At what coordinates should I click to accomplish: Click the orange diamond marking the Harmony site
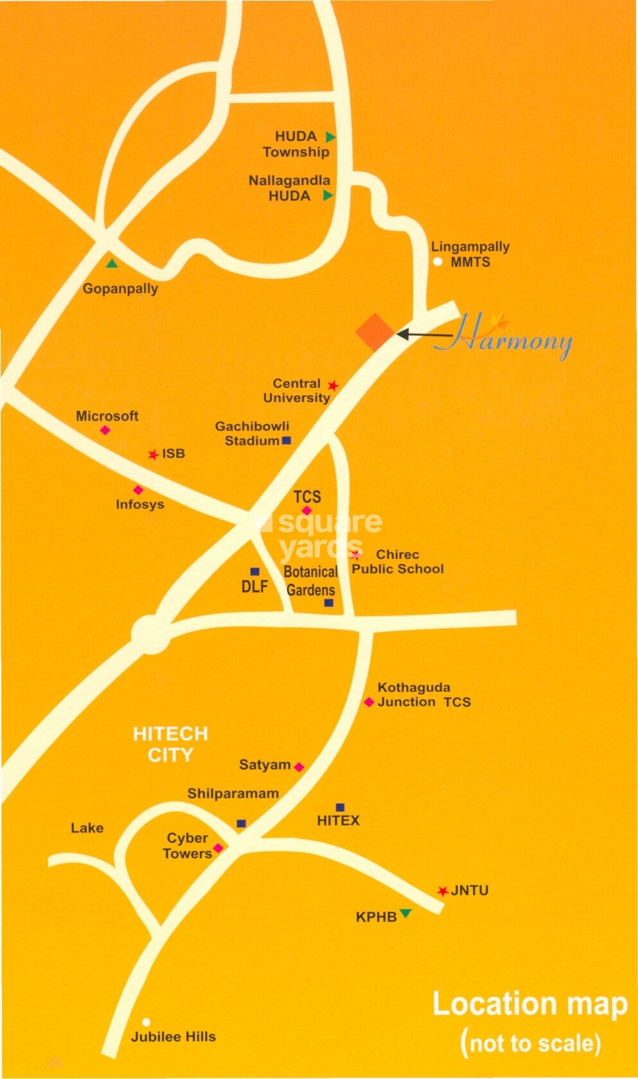[x=375, y=332]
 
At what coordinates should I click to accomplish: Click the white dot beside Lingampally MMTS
[x=438, y=261]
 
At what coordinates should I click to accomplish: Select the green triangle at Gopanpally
[x=112, y=263]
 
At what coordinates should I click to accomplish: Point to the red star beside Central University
[x=333, y=385]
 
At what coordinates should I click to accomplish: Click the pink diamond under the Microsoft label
[x=105, y=430]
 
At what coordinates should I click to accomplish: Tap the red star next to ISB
[x=153, y=455]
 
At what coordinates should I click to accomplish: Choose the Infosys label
[x=140, y=504]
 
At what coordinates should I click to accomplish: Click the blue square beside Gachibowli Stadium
[x=287, y=441]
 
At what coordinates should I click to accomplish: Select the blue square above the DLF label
[x=255, y=572]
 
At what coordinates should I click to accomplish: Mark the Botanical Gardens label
[x=311, y=581]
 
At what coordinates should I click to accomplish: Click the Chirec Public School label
[x=398, y=561]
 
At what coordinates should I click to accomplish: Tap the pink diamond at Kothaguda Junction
[x=369, y=702]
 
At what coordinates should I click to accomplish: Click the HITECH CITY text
[x=170, y=744]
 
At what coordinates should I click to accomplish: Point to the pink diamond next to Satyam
[x=299, y=766]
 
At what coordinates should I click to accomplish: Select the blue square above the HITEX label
[x=340, y=807]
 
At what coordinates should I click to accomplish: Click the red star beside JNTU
[x=443, y=891]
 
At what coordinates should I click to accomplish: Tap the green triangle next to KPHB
[x=405, y=913]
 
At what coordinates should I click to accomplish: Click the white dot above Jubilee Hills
[x=146, y=1022]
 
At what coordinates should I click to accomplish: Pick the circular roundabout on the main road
[x=151, y=635]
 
